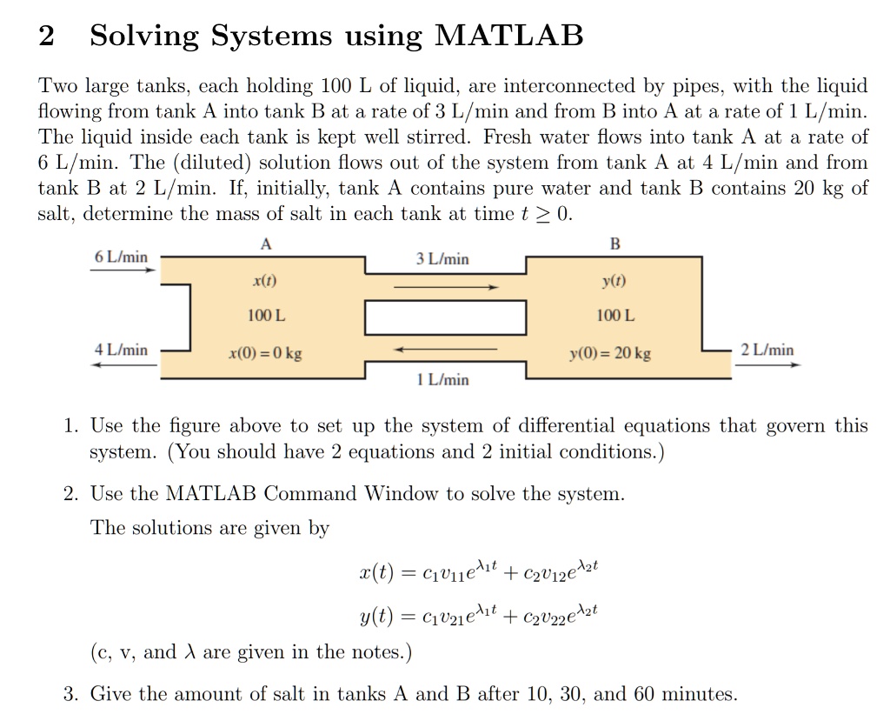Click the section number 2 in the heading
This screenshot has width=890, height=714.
47,37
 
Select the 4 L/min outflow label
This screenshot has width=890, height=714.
121,350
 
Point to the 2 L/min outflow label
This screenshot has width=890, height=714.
767,350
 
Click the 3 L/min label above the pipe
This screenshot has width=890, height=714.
442,258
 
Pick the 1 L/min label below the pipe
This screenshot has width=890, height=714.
442,379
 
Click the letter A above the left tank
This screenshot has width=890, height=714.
266,244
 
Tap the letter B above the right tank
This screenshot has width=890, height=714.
614,244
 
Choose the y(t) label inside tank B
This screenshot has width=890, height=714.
614,282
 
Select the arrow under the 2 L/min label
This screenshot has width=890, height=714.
767,364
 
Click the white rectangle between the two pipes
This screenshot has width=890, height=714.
445,317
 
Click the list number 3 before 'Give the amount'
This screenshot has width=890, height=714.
70,694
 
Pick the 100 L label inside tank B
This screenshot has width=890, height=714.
614,315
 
